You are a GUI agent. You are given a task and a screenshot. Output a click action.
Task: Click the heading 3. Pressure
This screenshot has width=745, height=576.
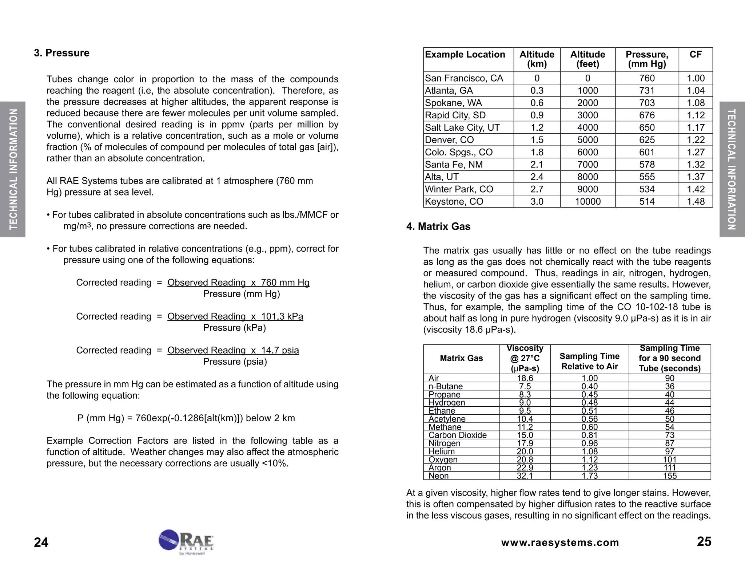pyautogui.click(x=61, y=53)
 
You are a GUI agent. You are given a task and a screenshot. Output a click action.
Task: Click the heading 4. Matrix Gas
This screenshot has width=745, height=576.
pyautogui.click(x=438, y=226)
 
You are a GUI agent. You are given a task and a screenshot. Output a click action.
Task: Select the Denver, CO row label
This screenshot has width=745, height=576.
pyautogui.click(x=449, y=140)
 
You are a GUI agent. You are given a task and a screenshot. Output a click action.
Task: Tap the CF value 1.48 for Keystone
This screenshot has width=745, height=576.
pyautogui.click(x=696, y=201)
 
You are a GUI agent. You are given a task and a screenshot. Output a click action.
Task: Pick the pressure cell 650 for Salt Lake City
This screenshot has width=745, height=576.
pyautogui.click(x=647, y=127)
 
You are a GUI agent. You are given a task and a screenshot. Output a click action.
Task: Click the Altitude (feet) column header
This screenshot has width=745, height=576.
pyautogui.click(x=587, y=59)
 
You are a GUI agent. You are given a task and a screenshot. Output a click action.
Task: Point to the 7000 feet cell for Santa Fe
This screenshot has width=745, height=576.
pyautogui.click(x=587, y=165)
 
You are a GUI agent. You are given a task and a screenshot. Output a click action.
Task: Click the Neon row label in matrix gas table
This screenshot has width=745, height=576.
pyautogui.click(x=438, y=476)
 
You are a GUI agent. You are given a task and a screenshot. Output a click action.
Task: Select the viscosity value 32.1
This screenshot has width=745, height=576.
pyautogui.click(x=525, y=476)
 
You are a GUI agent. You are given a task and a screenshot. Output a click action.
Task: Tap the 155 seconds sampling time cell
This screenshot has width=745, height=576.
pyautogui.click(x=669, y=476)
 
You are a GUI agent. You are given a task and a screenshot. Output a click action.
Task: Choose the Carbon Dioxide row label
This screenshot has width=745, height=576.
pyautogui.click(x=457, y=435)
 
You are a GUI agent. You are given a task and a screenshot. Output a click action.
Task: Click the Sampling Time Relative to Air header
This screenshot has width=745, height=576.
pyautogui.click(x=589, y=361)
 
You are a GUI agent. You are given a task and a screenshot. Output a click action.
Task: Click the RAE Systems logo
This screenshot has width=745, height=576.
pyautogui.click(x=186, y=542)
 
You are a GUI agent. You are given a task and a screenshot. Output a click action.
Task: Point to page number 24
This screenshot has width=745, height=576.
pyautogui.click(x=41, y=543)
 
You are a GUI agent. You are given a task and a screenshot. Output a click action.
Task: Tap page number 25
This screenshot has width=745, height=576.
pyautogui.click(x=704, y=542)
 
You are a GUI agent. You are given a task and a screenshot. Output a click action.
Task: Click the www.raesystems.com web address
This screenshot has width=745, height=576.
pyautogui.click(x=560, y=543)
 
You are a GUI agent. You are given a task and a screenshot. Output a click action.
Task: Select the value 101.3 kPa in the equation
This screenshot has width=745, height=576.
pyautogui.click(x=282, y=316)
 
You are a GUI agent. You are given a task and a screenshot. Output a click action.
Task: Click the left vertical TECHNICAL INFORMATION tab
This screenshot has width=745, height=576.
pyautogui.click(x=13, y=169)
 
